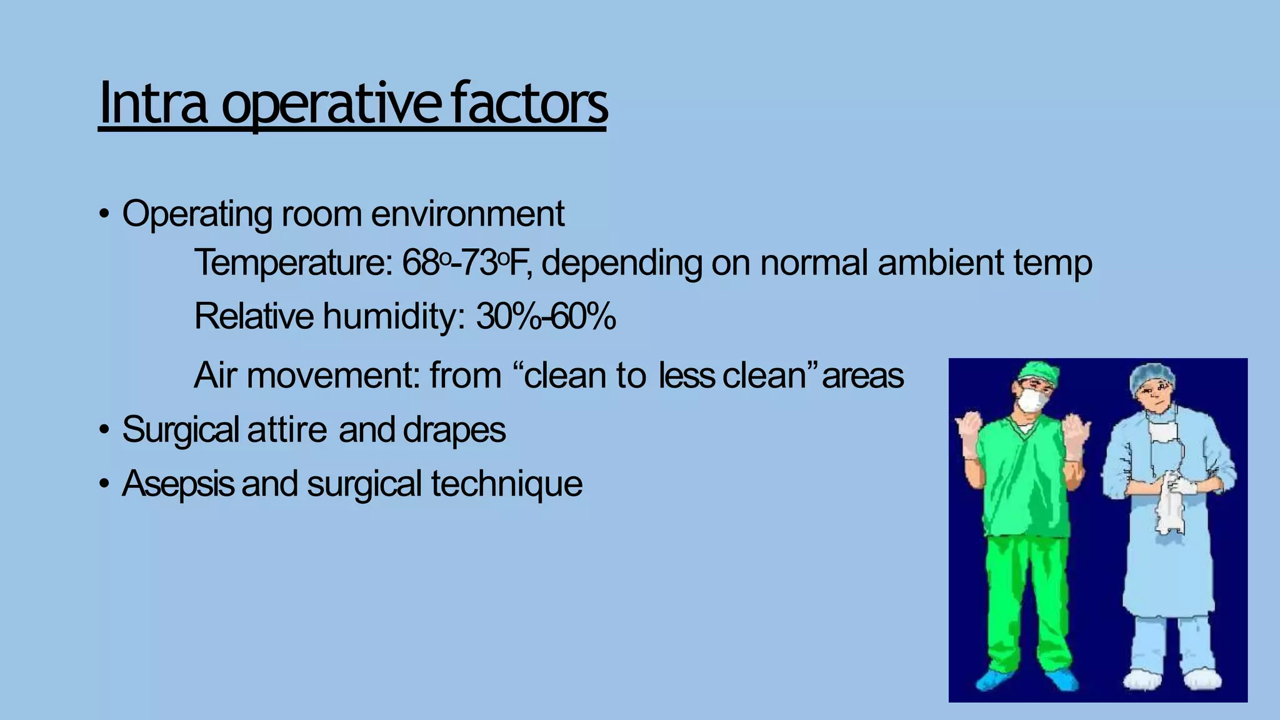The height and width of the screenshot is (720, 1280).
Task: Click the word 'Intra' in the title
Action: tap(153, 103)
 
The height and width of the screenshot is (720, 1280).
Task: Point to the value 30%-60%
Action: tap(546, 316)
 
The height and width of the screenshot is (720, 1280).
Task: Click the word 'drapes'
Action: tap(454, 430)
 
